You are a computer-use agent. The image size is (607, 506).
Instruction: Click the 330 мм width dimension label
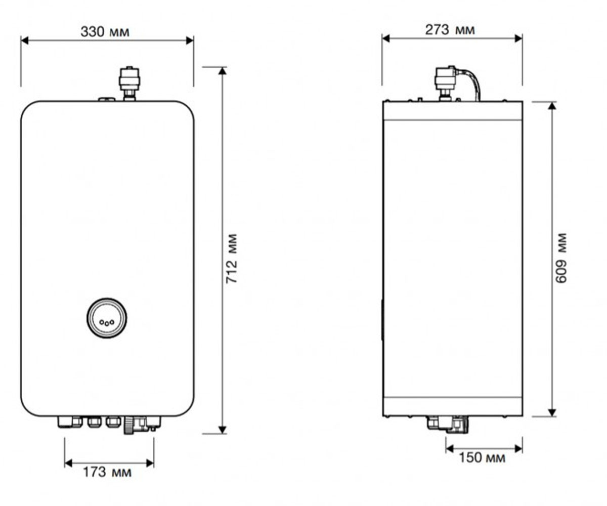coord(105,32)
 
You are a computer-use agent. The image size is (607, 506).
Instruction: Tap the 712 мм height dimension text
coord(232,258)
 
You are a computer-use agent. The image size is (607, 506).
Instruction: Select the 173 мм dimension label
coord(107,472)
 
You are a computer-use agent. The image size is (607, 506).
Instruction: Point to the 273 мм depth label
coord(450,30)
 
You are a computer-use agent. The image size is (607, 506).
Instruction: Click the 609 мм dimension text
coord(561,258)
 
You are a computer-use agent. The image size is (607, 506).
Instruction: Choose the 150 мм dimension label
coord(482,457)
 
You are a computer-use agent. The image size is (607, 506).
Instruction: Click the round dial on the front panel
coord(107,318)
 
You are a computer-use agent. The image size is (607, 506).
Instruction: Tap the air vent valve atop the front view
coord(129,83)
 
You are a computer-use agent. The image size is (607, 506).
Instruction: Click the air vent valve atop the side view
coord(445,83)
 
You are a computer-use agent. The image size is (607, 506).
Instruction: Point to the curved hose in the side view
coord(474,81)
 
